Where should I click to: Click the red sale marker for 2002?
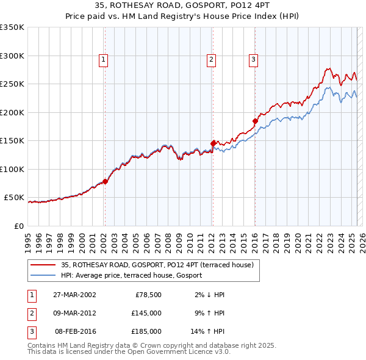tap(105, 181)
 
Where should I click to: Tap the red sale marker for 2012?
tap(213, 143)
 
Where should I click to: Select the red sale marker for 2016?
tap(255, 121)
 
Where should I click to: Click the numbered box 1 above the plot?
tap(104, 60)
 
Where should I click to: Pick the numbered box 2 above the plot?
tap(210, 60)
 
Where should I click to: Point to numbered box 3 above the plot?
tap(253, 60)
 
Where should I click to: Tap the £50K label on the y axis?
tap(14, 198)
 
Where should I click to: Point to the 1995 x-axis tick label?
tap(29, 238)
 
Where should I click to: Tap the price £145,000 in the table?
tap(146, 312)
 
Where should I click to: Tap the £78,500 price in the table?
tap(148, 294)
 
